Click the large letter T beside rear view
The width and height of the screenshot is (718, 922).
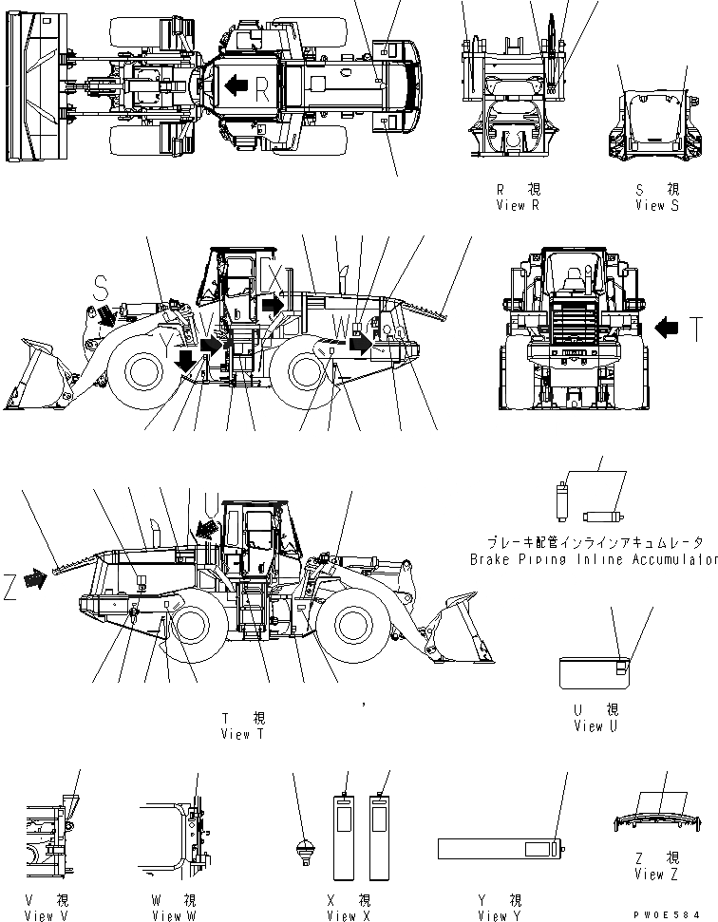click(x=696, y=329)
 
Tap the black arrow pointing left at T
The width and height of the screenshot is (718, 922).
click(x=669, y=329)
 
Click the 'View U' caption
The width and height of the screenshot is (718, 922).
click(x=595, y=726)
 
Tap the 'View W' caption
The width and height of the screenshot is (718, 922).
click(x=173, y=915)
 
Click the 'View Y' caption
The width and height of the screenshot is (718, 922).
click(x=500, y=915)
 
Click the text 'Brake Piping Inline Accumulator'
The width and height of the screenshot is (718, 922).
click(x=594, y=559)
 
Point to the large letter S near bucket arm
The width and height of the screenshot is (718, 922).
click(x=104, y=284)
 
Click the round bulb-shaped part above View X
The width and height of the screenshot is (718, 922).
click(x=305, y=850)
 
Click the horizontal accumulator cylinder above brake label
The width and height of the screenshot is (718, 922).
click(x=601, y=517)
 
